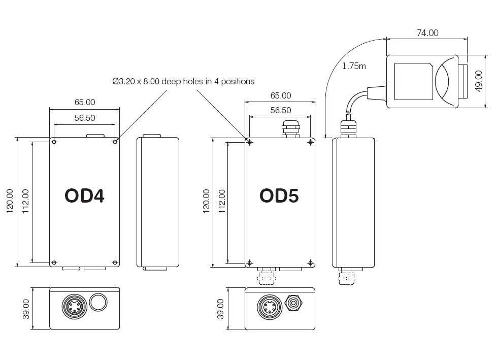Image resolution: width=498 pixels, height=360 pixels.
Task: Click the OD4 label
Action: [x=84, y=196]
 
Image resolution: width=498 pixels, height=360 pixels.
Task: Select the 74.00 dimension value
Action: [x=427, y=33]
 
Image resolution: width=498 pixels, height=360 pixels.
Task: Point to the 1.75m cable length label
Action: [x=354, y=66]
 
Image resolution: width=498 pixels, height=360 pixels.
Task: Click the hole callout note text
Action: [x=183, y=81]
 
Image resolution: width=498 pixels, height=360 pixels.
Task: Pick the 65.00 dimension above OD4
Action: [x=85, y=102]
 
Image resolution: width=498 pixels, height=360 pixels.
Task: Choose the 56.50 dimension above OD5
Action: [x=280, y=110]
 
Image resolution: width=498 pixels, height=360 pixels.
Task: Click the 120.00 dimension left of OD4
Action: [x=10, y=202]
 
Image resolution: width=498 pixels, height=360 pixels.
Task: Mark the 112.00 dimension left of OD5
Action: [x=221, y=202]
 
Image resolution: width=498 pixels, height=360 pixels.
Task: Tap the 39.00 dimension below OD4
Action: [x=26, y=309]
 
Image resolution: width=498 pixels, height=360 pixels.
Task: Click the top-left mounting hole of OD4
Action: [x=54, y=142]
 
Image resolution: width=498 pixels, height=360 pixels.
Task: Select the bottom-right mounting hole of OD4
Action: [x=115, y=263]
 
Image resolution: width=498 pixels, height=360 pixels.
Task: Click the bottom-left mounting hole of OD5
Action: [x=249, y=263]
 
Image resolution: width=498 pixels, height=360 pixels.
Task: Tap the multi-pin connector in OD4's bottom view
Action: [x=72, y=305]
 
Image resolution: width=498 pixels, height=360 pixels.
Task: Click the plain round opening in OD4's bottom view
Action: [x=98, y=303]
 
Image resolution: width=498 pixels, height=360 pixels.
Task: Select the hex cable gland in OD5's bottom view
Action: [x=293, y=303]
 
